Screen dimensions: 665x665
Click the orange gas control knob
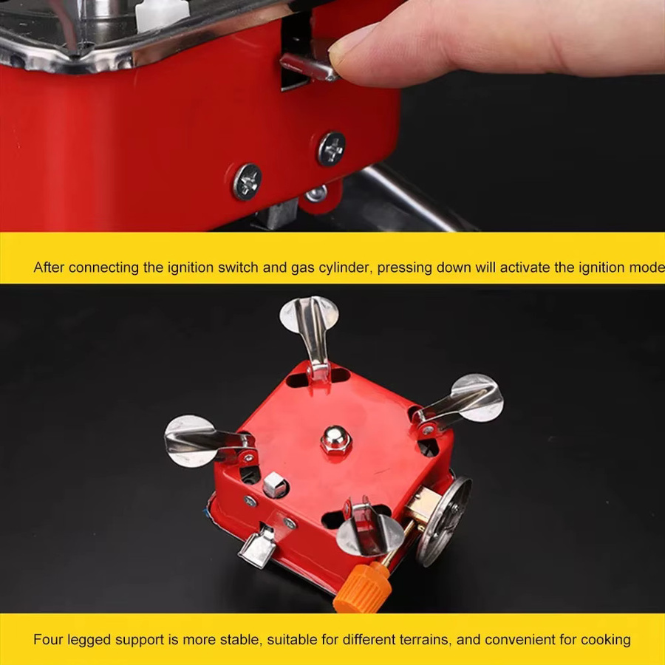pos(363,588)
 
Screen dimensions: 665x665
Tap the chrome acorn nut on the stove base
pos(335,440)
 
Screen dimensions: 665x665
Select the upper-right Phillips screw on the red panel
pos(332,149)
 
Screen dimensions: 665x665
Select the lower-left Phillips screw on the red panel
pos(247,182)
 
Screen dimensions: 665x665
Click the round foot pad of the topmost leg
pos(309,315)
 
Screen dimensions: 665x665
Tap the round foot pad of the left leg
pos(191,441)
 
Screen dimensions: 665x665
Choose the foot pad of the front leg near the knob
pos(370,535)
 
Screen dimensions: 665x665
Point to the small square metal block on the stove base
pos(273,484)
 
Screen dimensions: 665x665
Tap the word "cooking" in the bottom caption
pos(606,640)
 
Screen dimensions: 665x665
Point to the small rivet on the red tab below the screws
pos(316,194)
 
